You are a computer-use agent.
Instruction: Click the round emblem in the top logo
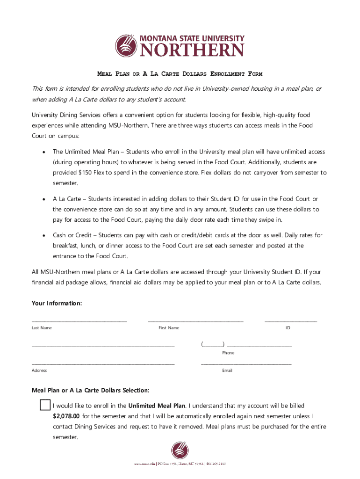127,45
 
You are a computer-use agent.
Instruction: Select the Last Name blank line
79,321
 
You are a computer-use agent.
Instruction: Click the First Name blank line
195,321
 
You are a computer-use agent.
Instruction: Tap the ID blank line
290,321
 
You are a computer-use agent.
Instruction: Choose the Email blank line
246,363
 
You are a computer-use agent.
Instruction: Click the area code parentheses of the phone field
212,345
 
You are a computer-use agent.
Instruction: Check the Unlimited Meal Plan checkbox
45,405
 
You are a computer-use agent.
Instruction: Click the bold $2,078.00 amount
66,416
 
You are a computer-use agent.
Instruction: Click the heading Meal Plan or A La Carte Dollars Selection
90,390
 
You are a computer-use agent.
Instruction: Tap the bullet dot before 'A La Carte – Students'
43,199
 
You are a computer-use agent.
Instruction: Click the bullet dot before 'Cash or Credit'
43,235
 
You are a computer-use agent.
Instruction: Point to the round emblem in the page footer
180,450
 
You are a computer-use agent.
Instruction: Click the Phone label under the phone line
228,353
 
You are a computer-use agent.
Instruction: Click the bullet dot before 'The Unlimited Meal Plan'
43,152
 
